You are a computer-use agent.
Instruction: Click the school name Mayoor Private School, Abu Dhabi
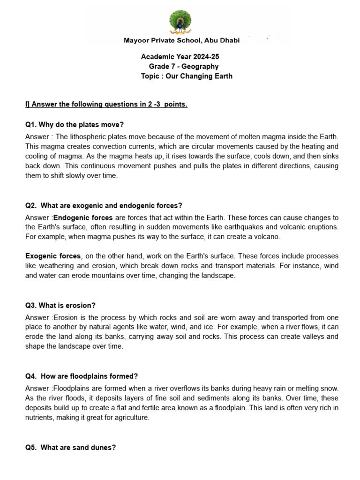pyautogui.click(x=181, y=40)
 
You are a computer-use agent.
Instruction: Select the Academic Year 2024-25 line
pyautogui.click(x=180, y=57)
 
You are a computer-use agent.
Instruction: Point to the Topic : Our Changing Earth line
pyautogui.click(x=187, y=76)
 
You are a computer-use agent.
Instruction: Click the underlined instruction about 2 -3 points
pyautogui.click(x=106, y=104)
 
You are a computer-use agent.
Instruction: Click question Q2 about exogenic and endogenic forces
pyautogui.click(x=104, y=205)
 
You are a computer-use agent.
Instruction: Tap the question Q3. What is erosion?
pyautogui.click(x=60, y=306)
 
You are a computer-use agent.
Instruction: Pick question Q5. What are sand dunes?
pyautogui.click(x=70, y=448)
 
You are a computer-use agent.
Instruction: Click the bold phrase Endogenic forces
pyautogui.click(x=83, y=217)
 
